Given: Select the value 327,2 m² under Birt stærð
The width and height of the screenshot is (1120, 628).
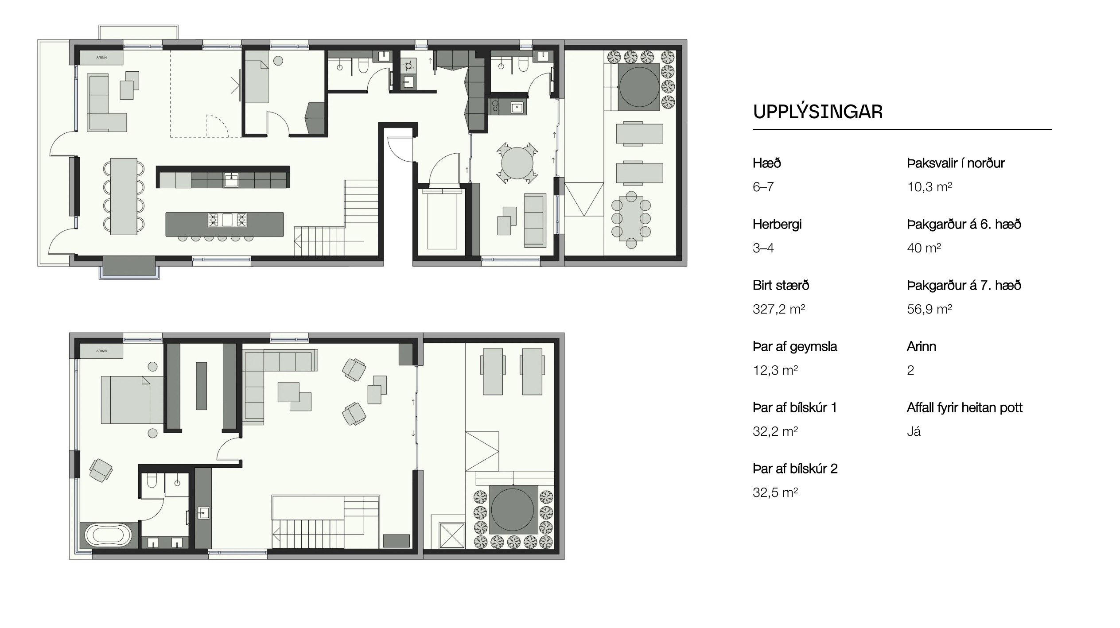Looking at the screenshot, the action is (x=778, y=309).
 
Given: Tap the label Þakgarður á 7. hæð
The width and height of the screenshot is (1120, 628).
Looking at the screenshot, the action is (x=964, y=285).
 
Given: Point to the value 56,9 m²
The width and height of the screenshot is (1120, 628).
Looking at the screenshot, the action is (x=929, y=309).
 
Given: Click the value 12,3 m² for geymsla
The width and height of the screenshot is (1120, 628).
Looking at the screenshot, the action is (x=775, y=370).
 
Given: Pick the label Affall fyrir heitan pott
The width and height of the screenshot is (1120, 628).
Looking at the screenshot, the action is (x=964, y=407).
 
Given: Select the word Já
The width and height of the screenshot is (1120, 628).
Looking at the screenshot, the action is (x=914, y=431).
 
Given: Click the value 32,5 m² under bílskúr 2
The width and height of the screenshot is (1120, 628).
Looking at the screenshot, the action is (x=775, y=492).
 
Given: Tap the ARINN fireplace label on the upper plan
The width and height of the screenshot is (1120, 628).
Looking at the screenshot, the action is (x=101, y=58).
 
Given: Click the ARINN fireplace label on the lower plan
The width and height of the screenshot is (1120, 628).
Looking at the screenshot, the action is (x=101, y=351).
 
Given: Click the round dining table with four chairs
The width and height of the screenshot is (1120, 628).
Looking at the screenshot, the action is (x=517, y=163).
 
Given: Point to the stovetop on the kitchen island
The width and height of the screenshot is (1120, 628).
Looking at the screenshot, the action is (x=227, y=220).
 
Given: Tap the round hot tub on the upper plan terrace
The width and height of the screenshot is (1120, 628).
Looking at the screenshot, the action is (x=638, y=86).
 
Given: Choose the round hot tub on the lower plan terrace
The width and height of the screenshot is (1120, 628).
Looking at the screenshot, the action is (x=513, y=509).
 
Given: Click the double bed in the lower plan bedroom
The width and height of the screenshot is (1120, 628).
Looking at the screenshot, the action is (x=132, y=400).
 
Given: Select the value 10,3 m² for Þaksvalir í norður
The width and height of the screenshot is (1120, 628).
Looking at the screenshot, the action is (x=929, y=186).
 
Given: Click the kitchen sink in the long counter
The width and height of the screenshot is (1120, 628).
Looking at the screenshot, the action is (x=231, y=181).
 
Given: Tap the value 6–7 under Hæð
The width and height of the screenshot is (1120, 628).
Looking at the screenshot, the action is (x=763, y=186).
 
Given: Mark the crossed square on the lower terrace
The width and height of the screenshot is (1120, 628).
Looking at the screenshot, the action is (x=451, y=535).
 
